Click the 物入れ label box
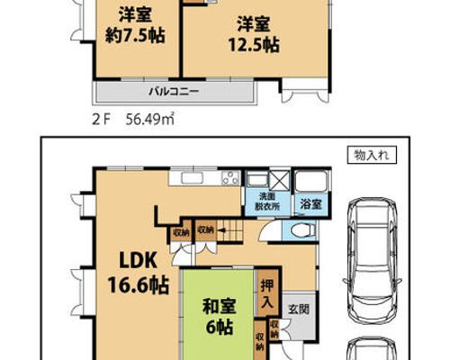pyautogui.click(x=372, y=155)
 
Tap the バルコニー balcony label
pyautogui.click(x=174, y=91)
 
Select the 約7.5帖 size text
pyautogui.click(x=135, y=36)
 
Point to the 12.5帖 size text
pyautogui.click(x=254, y=45)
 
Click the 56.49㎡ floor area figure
pyautogui.click(x=150, y=120)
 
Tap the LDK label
pyautogui.click(x=138, y=261)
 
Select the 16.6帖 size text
pyautogui.click(x=139, y=285)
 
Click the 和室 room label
pyautogui.click(x=220, y=306)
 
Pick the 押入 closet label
pyautogui.click(x=266, y=293)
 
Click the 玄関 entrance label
pyautogui.click(x=299, y=309)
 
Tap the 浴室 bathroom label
pyautogui.click(x=311, y=204)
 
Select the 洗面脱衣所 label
pyautogui.click(x=267, y=202)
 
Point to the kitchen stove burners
pyautogui.click(x=230, y=177)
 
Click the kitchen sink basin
pyautogui.click(x=192, y=178)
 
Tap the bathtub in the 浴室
pyautogui.click(x=310, y=182)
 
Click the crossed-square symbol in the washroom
pyautogui.click(x=279, y=181)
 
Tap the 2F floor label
pyautogui.click(x=101, y=121)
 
